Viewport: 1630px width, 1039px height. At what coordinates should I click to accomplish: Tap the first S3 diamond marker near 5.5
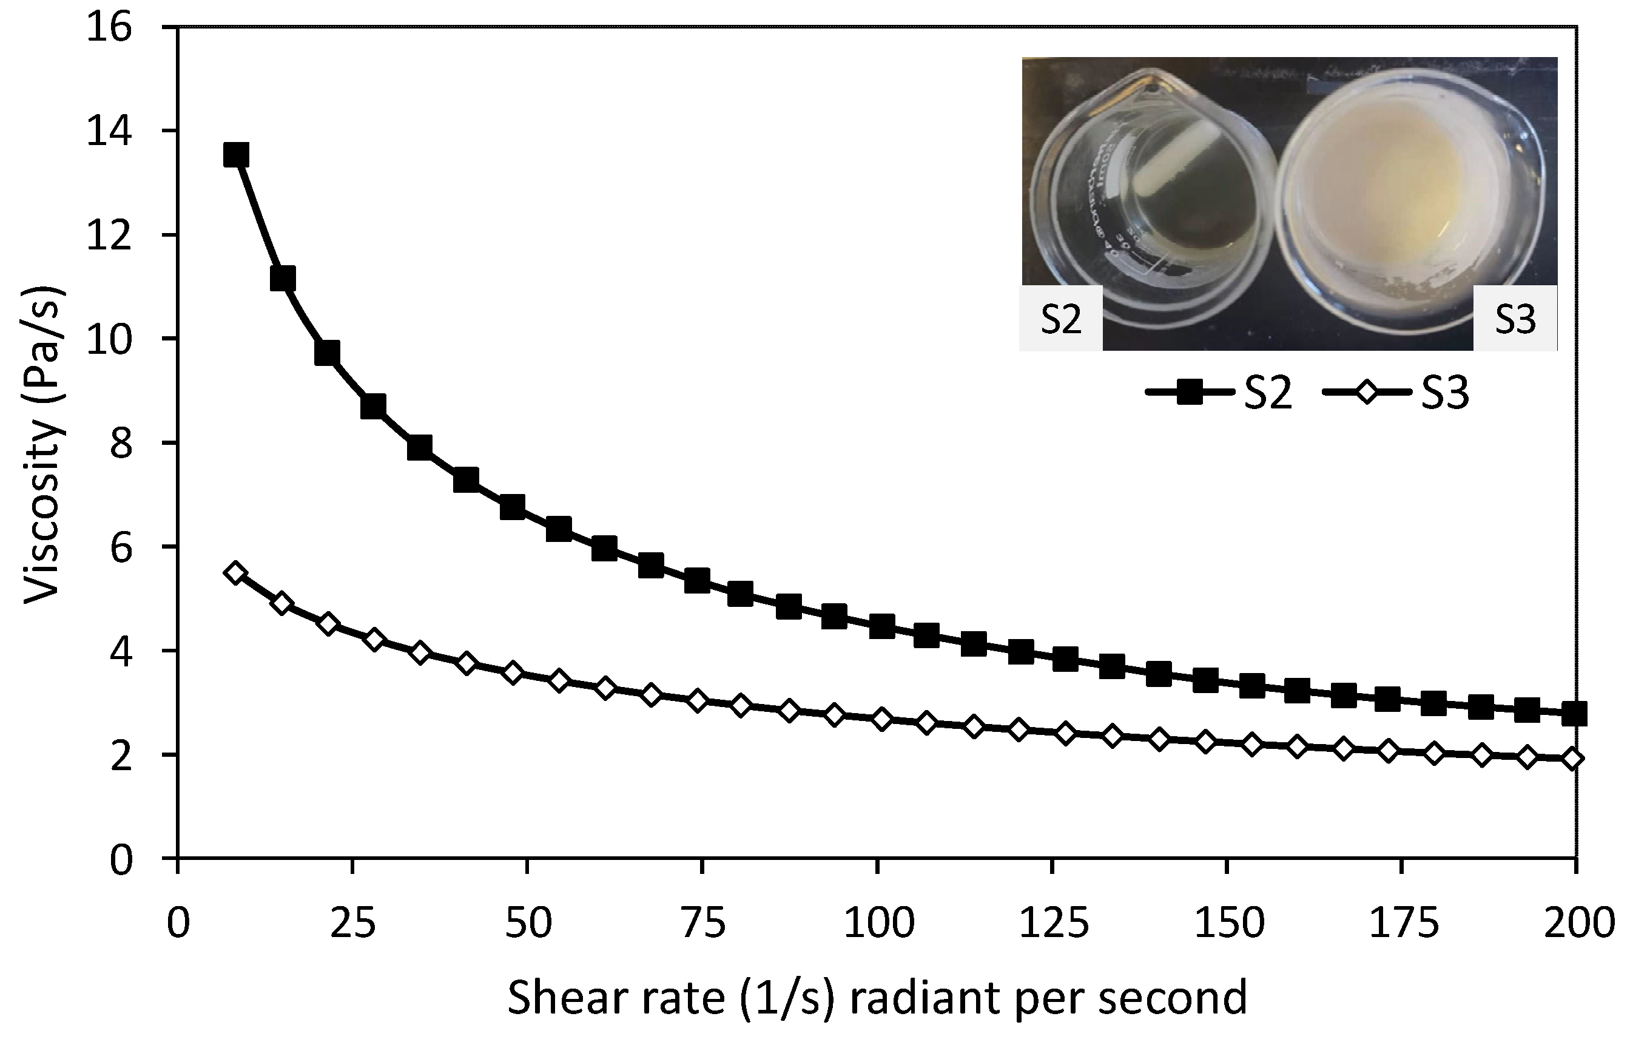[x=235, y=573]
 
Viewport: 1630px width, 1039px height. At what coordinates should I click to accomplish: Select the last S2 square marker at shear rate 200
[x=1574, y=713]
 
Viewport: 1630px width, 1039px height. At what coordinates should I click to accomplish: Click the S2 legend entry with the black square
[x=1219, y=392]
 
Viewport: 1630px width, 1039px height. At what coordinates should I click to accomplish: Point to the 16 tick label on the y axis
[x=110, y=29]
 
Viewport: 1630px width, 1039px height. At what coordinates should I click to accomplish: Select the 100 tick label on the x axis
[x=878, y=923]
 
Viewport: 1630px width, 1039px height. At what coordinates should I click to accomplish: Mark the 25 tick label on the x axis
[x=352, y=923]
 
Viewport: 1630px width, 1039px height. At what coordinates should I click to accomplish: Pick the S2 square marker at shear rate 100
[x=882, y=626]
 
